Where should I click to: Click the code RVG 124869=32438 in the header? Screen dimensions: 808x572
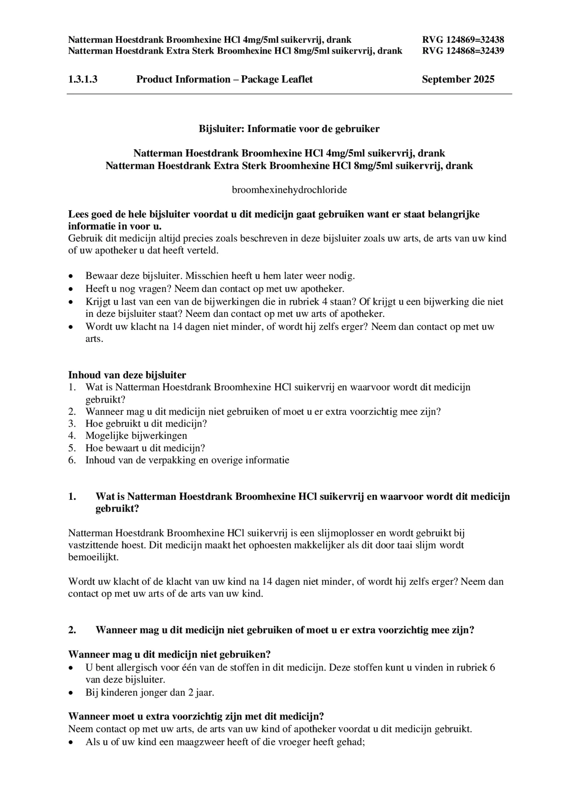(x=463, y=40)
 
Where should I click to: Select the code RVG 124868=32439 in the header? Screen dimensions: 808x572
(x=463, y=51)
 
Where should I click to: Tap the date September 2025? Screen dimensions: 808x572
(x=458, y=79)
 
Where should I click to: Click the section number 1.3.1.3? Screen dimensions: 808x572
(x=83, y=79)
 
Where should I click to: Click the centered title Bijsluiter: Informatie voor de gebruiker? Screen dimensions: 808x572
(x=289, y=129)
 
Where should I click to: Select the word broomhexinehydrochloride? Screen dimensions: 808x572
(x=289, y=189)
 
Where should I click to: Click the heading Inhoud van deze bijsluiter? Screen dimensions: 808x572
(x=127, y=375)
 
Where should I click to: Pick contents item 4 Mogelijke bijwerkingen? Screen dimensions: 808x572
(x=136, y=436)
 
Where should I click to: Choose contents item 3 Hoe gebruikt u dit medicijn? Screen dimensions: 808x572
(x=146, y=424)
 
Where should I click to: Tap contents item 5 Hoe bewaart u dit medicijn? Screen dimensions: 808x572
(x=145, y=448)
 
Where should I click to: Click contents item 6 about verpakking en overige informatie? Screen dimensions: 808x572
(x=187, y=460)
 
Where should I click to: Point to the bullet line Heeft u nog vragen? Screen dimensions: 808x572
(x=215, y=289)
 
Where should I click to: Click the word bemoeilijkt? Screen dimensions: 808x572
(x=93, y=557)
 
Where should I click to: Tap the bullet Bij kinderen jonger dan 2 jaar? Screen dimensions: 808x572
(x=150, y=692)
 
